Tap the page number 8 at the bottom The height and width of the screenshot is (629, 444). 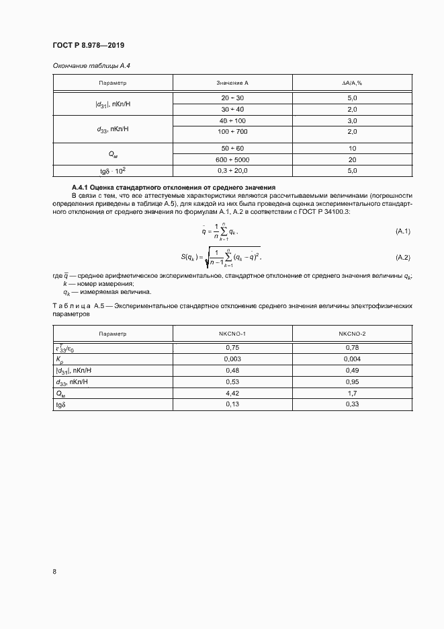(x=54, y=571)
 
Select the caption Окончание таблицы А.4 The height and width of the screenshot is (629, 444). (x=85, y=65)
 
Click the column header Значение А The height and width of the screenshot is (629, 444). (x=232, y=83)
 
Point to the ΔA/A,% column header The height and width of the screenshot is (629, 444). (x=352, y=83)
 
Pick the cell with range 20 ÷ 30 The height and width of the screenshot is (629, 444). (x=232, y=98)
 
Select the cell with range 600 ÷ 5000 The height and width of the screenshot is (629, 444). (x=232, y=159)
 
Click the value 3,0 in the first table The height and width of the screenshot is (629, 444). (x=352, y=120)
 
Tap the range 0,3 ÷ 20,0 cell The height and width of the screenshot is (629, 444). (x=232, y=171)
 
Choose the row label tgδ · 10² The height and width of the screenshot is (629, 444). (x=113, y=171)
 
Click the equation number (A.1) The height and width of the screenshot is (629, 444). (x=402, y=231)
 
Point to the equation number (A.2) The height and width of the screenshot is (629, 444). (x=402, y=258)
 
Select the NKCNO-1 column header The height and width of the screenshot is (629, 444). (x=232, y=334)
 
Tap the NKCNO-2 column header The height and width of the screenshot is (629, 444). (x=352, y=334)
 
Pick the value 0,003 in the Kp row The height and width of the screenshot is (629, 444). (x=232, y=359)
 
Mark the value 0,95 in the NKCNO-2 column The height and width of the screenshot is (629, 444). (x=352, y=382)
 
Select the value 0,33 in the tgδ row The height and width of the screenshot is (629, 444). (x=352, y=405)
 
